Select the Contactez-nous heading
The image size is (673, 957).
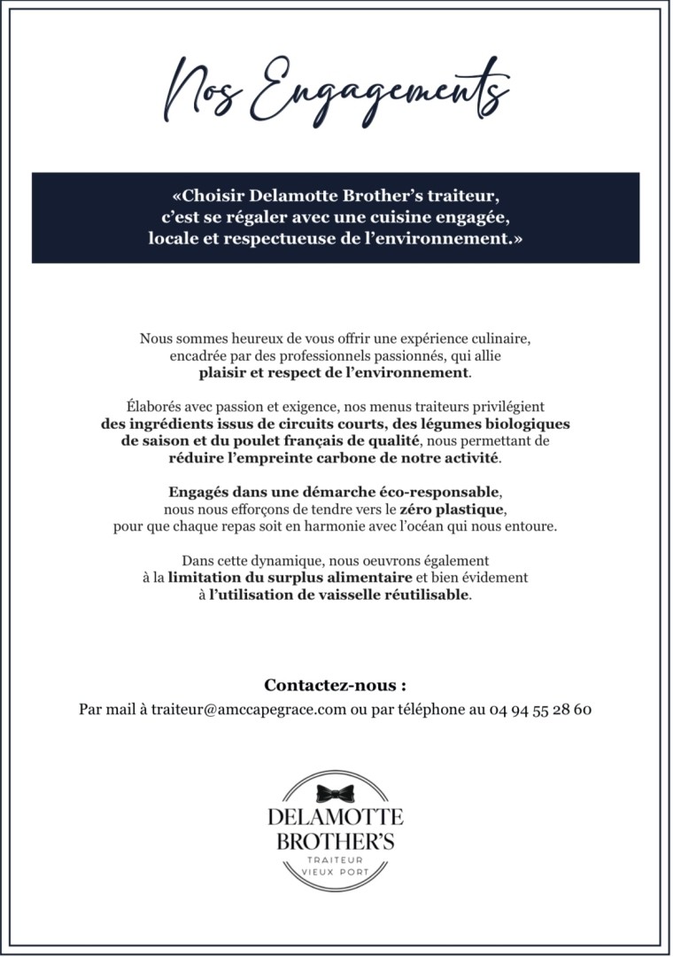click(336, 685)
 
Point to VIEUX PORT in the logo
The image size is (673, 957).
click(336, 873)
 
